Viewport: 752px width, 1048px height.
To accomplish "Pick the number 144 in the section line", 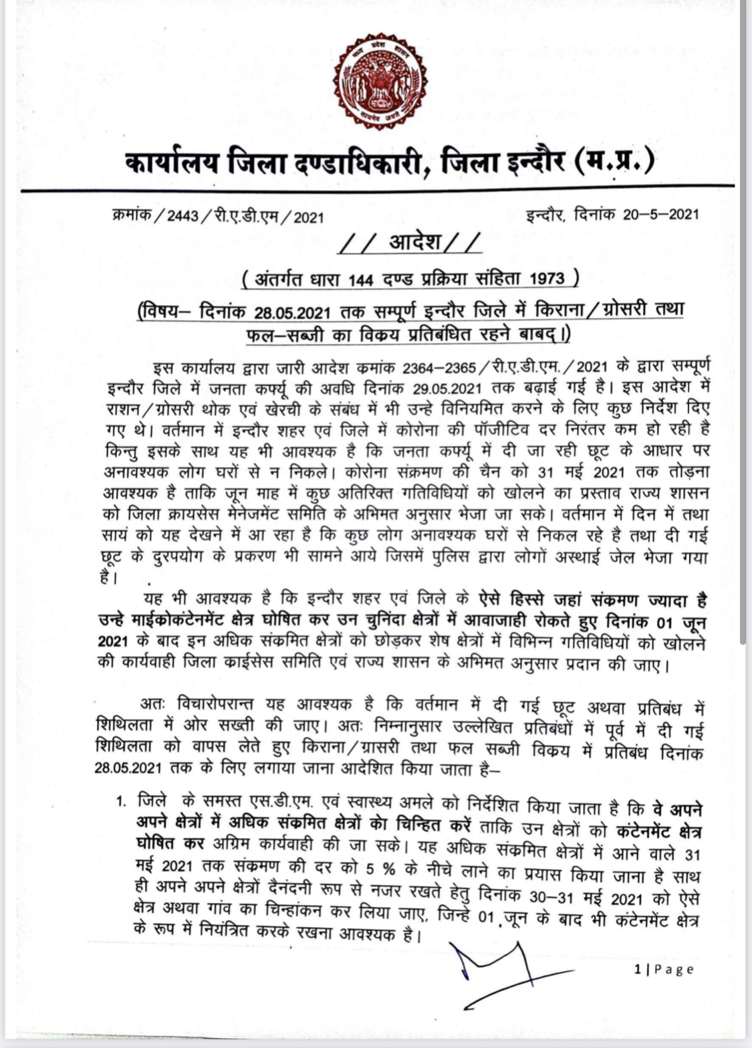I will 360,279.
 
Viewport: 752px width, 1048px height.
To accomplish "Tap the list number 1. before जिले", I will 122,799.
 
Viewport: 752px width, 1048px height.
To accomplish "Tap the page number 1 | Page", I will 664,969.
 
